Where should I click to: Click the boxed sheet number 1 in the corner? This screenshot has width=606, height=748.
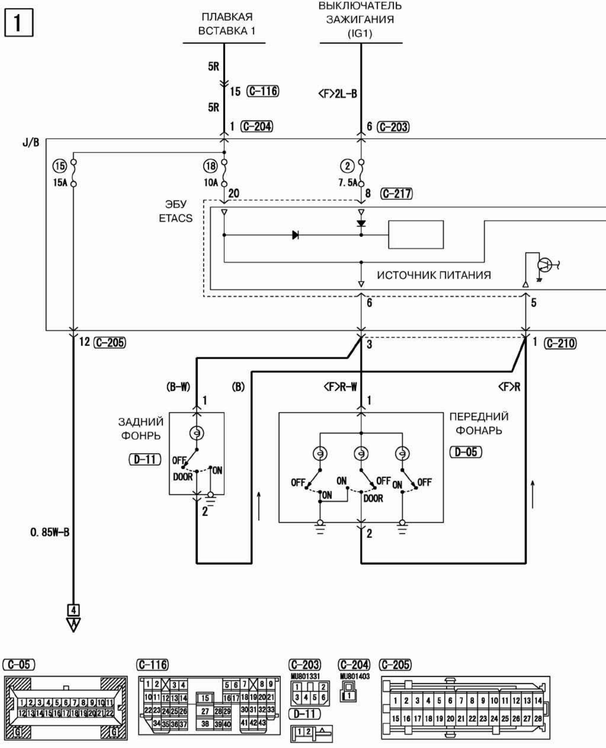click(x=18, y=23)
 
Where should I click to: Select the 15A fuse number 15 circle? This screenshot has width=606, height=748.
click(x=60, y=166)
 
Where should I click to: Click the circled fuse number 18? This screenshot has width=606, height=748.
click(x=211, y=166)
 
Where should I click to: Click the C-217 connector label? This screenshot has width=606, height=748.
click(x=396, y=193)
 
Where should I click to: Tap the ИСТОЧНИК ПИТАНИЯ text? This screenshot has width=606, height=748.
click(x=434, y=275)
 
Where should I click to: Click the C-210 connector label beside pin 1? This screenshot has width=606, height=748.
click(x=560, y=344)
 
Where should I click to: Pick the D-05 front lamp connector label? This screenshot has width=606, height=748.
click(x=466, y=452)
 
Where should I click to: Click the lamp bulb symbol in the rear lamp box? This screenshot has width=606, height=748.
click(x=197, y=433)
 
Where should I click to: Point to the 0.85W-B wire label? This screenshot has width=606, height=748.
click(x=50, y=532)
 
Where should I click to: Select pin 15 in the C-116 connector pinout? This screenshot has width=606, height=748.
click(x=205, y=698)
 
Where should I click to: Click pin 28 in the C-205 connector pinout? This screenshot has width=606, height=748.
click(x=538, y=718)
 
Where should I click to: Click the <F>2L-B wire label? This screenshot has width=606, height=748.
click(x=337, y=94)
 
